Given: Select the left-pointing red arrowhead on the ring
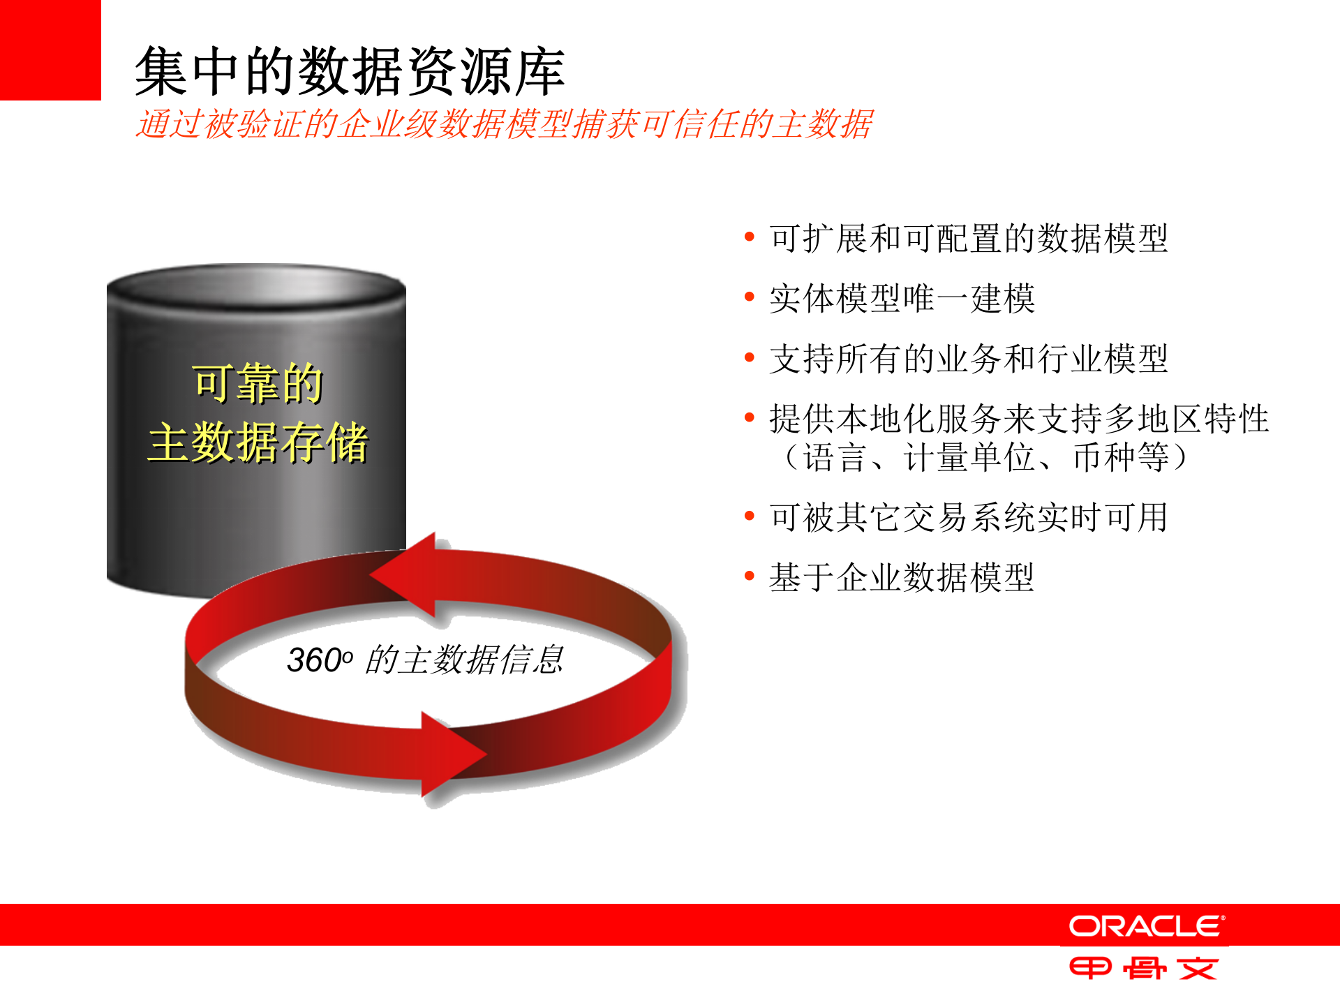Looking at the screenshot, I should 405,575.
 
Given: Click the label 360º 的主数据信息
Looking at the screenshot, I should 424,660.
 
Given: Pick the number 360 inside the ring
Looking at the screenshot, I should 314,660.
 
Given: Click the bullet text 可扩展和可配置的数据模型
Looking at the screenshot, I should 968,238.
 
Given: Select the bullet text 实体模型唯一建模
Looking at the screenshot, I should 902,299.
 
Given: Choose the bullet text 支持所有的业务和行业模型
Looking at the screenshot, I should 968,359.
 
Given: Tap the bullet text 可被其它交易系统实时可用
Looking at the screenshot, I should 968,517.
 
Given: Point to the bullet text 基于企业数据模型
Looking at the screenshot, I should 902,577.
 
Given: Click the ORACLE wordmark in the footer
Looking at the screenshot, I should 1146,926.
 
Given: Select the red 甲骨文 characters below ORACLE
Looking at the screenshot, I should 1144,969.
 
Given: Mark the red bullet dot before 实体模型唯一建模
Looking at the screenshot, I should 750,297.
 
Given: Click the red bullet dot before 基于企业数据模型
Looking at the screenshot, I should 750,576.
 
